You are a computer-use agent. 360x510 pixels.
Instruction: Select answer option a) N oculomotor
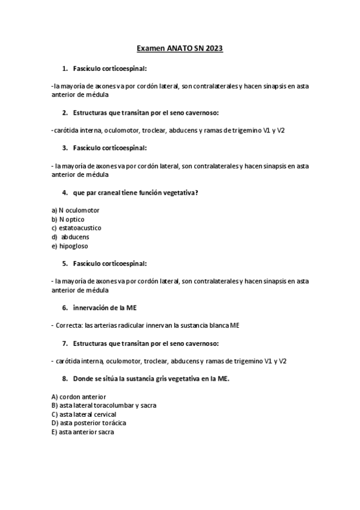tap(76, 210)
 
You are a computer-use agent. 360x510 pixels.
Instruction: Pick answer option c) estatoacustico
tap(76, 228)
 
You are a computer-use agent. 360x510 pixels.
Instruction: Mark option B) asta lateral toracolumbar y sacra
tap(104, 405)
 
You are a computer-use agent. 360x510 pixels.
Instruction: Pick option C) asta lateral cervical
tap(84, 414)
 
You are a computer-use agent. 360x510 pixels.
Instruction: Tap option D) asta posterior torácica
tap(89, 423)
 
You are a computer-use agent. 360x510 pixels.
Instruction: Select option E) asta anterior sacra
tap(82, 432)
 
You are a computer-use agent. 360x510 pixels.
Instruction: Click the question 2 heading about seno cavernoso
tap(145, 112)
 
